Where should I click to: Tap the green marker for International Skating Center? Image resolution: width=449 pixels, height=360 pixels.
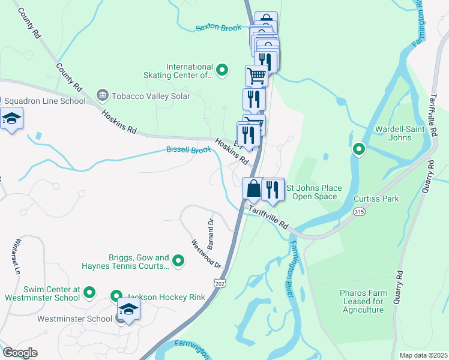221,71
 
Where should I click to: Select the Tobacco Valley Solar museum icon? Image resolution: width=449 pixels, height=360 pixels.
102,96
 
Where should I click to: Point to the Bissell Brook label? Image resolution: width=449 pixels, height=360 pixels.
188,149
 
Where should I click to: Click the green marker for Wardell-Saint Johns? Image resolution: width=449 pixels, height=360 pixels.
358,149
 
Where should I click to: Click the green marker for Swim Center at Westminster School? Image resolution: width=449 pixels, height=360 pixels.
89,293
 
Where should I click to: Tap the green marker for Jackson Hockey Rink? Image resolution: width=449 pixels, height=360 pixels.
117,296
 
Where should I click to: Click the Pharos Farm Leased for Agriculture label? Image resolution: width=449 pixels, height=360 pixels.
363,301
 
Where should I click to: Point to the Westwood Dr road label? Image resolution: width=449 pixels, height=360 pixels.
206,254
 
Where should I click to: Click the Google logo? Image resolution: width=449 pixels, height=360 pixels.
19,353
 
